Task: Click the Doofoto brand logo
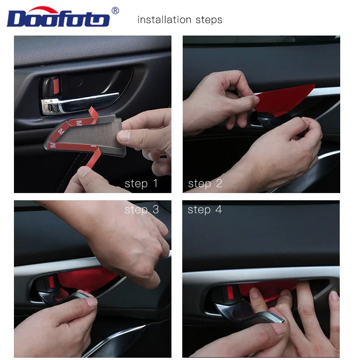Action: click(58, 17)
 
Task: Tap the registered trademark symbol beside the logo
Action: click(115, 11)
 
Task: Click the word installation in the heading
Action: click(164, 20)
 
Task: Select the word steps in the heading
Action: click(209, 20)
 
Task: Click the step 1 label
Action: click(141, 184)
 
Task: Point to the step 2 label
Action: click(205, 184)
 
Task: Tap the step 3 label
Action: click(142, 210)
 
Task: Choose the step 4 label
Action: click(205, 210)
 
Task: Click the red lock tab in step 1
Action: click(56, 86)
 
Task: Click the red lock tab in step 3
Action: click(52, 282)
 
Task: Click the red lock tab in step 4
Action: click(230, 293)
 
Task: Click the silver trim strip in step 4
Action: click(261, 274)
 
